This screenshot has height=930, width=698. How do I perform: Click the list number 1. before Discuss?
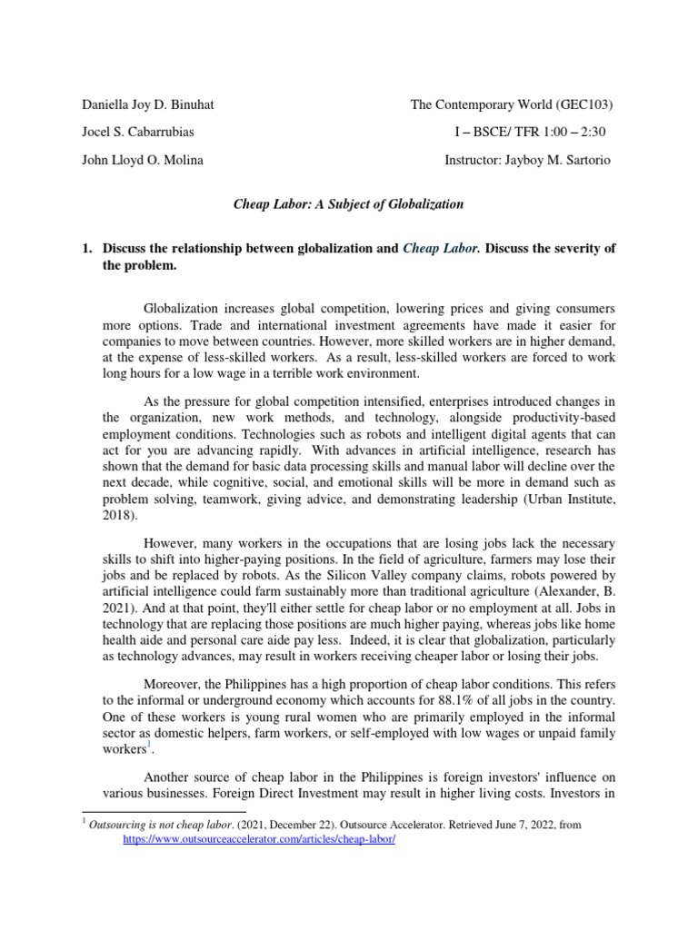pyautogui.click(x=87, y=249)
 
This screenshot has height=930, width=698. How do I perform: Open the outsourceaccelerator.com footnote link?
pyautogui.click(x=259, y=840)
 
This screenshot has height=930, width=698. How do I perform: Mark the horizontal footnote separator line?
pyautogui.click(x=164, y=811)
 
